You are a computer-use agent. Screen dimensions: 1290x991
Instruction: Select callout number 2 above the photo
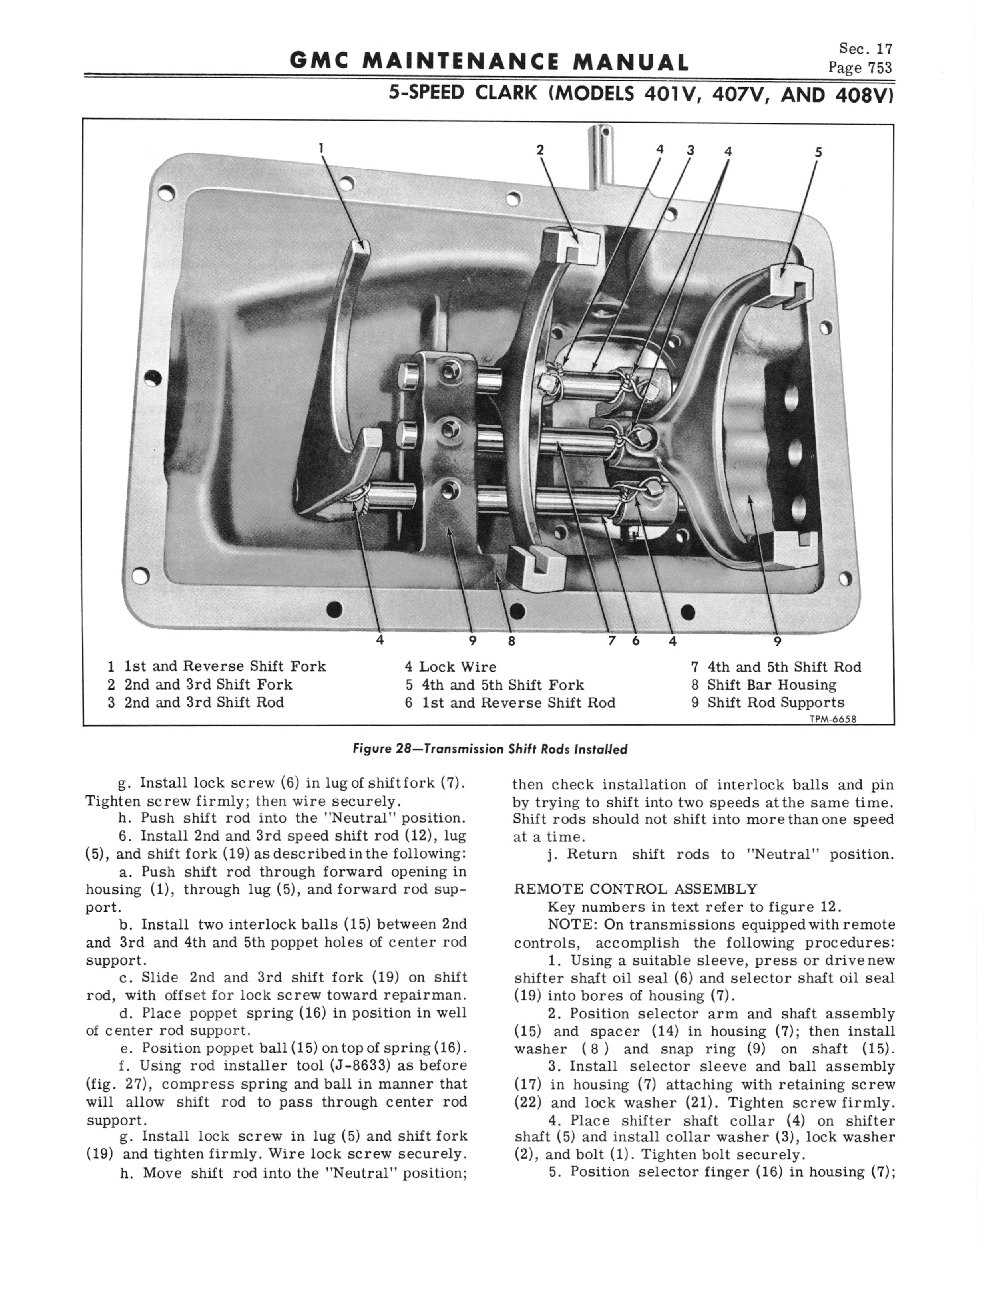click(x=539, y=150)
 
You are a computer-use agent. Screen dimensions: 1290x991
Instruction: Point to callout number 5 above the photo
click(x=818, y=151)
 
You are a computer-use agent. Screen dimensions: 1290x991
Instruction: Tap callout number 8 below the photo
click(x=511, y=641)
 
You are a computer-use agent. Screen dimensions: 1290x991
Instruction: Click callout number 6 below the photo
click(x=636, y=641)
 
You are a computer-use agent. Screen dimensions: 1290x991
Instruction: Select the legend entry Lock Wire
click(x=457, y=667)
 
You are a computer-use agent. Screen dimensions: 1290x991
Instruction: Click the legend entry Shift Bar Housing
click(x=772, y=684)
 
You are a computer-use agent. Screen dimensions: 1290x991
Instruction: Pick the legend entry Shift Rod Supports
click(x=776, y=702)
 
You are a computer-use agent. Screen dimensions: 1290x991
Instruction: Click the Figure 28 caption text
click(x=490, y=749)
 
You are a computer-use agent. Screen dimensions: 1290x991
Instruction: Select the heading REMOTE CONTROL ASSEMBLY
click(x=635, y=889)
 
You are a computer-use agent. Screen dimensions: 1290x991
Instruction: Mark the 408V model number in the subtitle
click(x=863, y=95)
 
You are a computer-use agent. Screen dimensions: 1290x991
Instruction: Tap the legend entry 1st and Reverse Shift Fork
click(x=225, y=666)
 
